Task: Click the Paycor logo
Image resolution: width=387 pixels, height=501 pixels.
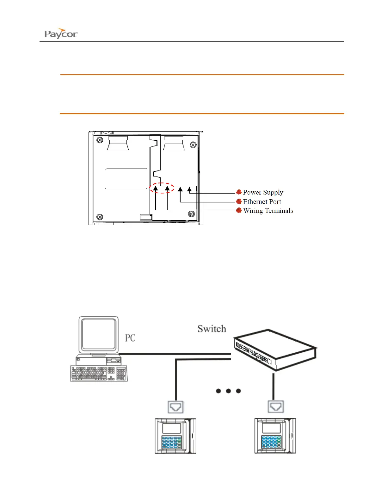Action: [61, 33]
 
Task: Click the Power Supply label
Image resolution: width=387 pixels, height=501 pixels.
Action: [263, 192]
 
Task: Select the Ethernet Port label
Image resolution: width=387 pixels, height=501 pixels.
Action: [262, 201]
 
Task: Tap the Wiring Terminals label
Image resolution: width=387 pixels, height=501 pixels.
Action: [268, 211]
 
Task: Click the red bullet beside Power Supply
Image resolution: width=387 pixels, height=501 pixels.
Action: [239, 192]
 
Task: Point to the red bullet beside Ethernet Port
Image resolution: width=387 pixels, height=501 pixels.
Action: [239, 201]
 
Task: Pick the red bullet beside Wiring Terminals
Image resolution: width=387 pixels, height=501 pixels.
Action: [239, 211]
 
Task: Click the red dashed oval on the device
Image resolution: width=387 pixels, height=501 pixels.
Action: [162, 188]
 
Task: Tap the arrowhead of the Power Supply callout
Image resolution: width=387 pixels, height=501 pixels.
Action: [189, 189]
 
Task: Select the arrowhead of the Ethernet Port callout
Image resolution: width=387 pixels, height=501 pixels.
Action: [180, 189]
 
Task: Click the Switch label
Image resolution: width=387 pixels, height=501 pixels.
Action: [212, 329]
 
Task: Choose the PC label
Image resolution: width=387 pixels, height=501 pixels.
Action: [130, 338]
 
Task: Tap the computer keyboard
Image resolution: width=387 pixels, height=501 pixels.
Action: [98, 373]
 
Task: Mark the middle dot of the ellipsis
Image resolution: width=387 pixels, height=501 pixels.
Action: [228, 391]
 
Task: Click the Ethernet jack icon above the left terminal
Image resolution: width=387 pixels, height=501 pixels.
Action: [175, 407]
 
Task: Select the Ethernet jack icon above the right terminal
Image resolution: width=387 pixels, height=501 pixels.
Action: [276, 407]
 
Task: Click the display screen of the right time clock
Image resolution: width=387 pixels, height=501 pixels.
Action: [271, 428]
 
